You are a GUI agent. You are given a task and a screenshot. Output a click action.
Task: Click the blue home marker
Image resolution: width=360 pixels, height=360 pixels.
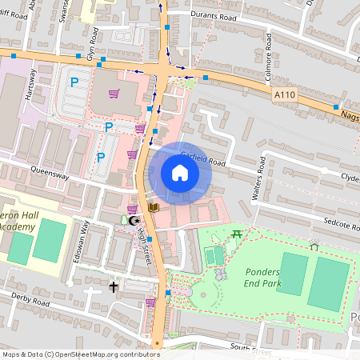tap(180, 174)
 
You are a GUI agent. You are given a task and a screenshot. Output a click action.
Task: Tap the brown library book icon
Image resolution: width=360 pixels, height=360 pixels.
tap(154, 208)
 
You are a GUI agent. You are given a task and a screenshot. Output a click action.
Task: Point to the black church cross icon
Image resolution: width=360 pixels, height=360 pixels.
tap(114, 286)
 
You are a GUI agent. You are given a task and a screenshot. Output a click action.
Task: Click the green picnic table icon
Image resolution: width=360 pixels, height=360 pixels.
tap(237, 234)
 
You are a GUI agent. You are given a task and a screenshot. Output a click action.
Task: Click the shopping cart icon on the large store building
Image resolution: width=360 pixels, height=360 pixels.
tap(114, 94)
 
